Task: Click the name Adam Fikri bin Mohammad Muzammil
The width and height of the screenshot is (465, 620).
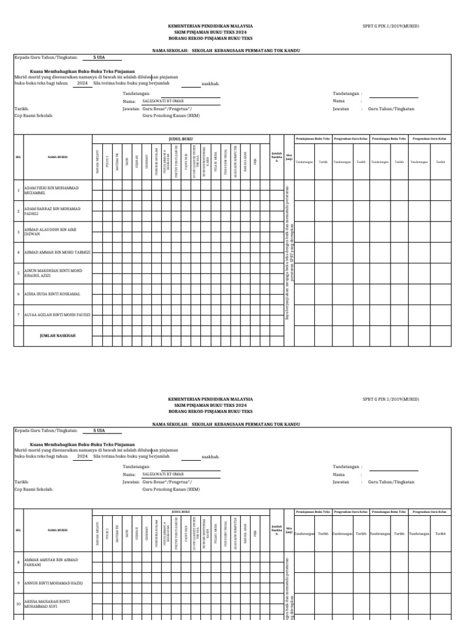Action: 51,190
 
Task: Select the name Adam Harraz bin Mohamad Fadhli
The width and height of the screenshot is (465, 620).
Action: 51,211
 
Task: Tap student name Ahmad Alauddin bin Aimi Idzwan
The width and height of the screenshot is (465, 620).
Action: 51,231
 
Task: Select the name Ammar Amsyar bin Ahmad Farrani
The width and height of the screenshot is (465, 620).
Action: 51,562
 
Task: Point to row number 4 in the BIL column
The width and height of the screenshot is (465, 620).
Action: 18,252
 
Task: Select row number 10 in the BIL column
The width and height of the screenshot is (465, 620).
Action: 18,604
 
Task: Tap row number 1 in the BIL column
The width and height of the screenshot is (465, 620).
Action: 18,190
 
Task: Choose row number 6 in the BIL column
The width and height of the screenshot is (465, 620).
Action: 18,294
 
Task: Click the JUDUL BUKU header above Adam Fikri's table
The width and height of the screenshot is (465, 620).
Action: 180,139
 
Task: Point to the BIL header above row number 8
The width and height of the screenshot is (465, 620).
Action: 18,530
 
